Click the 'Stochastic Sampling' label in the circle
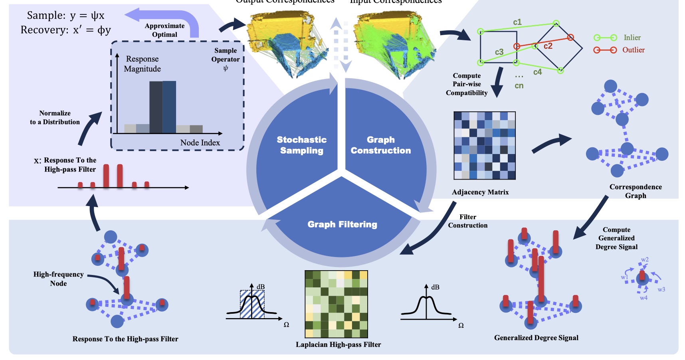[302, 145]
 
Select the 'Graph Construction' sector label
[380, 145]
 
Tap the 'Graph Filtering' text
[342, 224]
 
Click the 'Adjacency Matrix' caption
[480, 192]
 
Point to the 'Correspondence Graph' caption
[636, 191]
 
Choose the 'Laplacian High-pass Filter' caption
[338, 344]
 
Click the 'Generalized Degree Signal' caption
[536, 338]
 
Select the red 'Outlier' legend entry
[633, 50]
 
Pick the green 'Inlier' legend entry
[632, 38]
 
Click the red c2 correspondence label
[548, 46]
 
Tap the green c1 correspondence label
[517, 22]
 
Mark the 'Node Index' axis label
[200, 142]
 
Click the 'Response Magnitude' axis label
[142, 64]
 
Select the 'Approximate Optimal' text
[164, 30]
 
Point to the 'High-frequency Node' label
[58, 279]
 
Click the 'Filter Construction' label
[467, 221]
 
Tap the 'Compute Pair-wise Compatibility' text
[467, 84]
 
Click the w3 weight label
[661, 289]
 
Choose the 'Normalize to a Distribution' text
[55, 118]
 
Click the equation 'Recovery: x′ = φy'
[66, 30]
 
